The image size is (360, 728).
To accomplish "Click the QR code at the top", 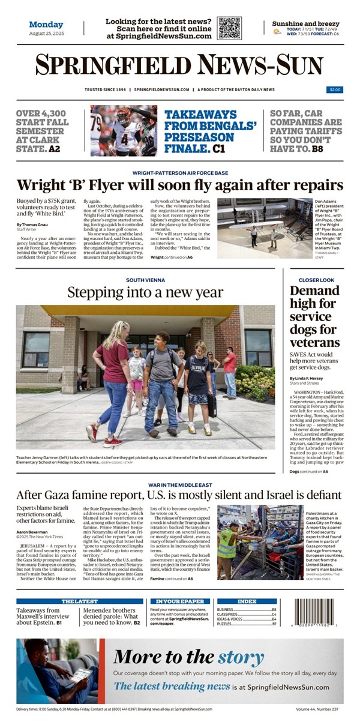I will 229,28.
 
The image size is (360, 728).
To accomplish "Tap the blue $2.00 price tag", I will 335,89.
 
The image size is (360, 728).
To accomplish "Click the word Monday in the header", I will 46,25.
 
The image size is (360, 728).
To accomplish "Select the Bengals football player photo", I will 124,130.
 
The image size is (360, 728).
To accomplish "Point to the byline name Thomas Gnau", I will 31,224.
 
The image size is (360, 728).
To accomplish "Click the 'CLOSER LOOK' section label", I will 317,280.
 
